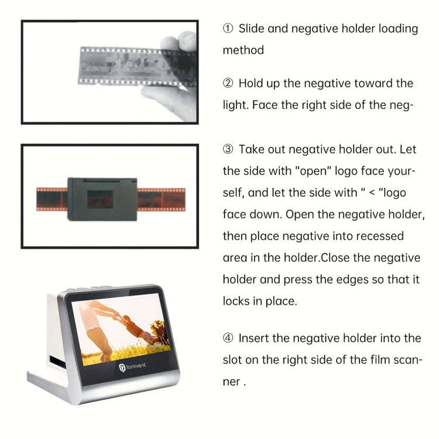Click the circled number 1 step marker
coord(228,29)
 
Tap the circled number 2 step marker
coord(228,84)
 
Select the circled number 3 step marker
coord(228,150)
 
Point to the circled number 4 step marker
coord(228,338)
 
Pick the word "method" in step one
coord(243,50)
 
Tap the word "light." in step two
coord(236,105)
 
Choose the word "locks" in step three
coord(237,301)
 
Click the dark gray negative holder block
coord(102,198)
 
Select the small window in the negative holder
coord(102,200)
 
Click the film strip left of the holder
coord(52,199)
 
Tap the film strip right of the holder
coord(162,199)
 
